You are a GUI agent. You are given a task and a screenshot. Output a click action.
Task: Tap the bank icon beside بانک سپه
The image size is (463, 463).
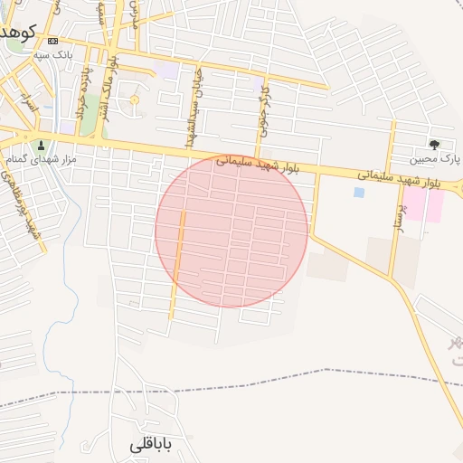click(53, 42)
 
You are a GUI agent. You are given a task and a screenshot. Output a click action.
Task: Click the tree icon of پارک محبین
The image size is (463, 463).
click(435, 144)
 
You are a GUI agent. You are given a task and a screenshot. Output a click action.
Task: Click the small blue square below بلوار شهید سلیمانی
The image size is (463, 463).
click(360, 193)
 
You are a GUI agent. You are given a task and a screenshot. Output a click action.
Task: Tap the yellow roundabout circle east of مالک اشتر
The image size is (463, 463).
click(135, 99)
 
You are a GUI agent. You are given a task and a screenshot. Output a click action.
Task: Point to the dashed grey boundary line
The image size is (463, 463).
click(271, 378)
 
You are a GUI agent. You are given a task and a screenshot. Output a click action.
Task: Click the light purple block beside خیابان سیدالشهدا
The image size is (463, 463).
click(166, 70)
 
